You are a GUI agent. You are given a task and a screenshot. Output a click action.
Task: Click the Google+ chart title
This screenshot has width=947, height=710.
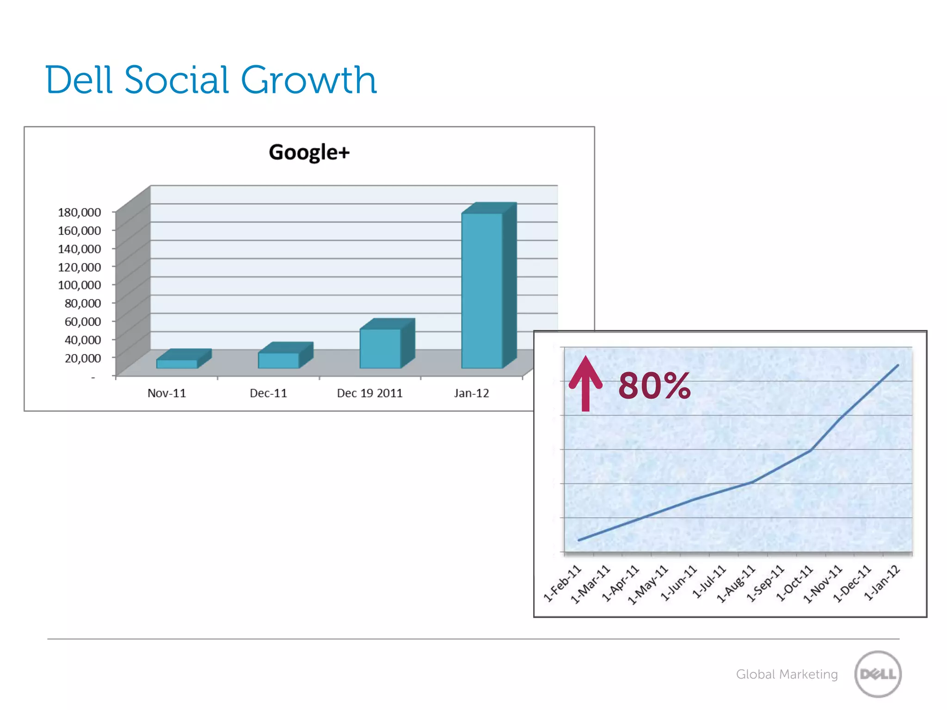(309, 152)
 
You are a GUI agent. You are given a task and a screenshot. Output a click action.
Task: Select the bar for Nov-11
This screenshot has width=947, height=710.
(177, 363)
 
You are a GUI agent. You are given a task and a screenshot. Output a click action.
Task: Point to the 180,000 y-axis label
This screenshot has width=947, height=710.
(79, 212)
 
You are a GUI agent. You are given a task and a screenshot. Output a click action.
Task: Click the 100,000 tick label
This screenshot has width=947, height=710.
(79, 285)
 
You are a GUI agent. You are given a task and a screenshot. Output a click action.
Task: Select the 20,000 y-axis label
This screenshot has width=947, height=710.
(83, 358)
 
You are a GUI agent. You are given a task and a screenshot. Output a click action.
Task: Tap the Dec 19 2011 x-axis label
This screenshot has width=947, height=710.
(369, 393)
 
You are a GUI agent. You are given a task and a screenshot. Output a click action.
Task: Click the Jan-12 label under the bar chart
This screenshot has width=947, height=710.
(471, 393)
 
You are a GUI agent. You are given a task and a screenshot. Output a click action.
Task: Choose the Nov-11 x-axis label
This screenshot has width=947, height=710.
(166, 393)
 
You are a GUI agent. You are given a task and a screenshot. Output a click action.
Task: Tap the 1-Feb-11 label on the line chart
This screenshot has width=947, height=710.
(562, 583)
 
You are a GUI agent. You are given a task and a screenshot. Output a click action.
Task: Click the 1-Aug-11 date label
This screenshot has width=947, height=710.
(736, 584)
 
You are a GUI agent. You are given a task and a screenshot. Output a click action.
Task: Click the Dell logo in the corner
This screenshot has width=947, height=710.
(878, 674)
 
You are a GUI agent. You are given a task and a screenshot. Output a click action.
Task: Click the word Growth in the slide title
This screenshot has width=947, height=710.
(308, 80)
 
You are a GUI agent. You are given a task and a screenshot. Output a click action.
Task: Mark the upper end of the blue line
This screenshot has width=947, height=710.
(898, 365)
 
